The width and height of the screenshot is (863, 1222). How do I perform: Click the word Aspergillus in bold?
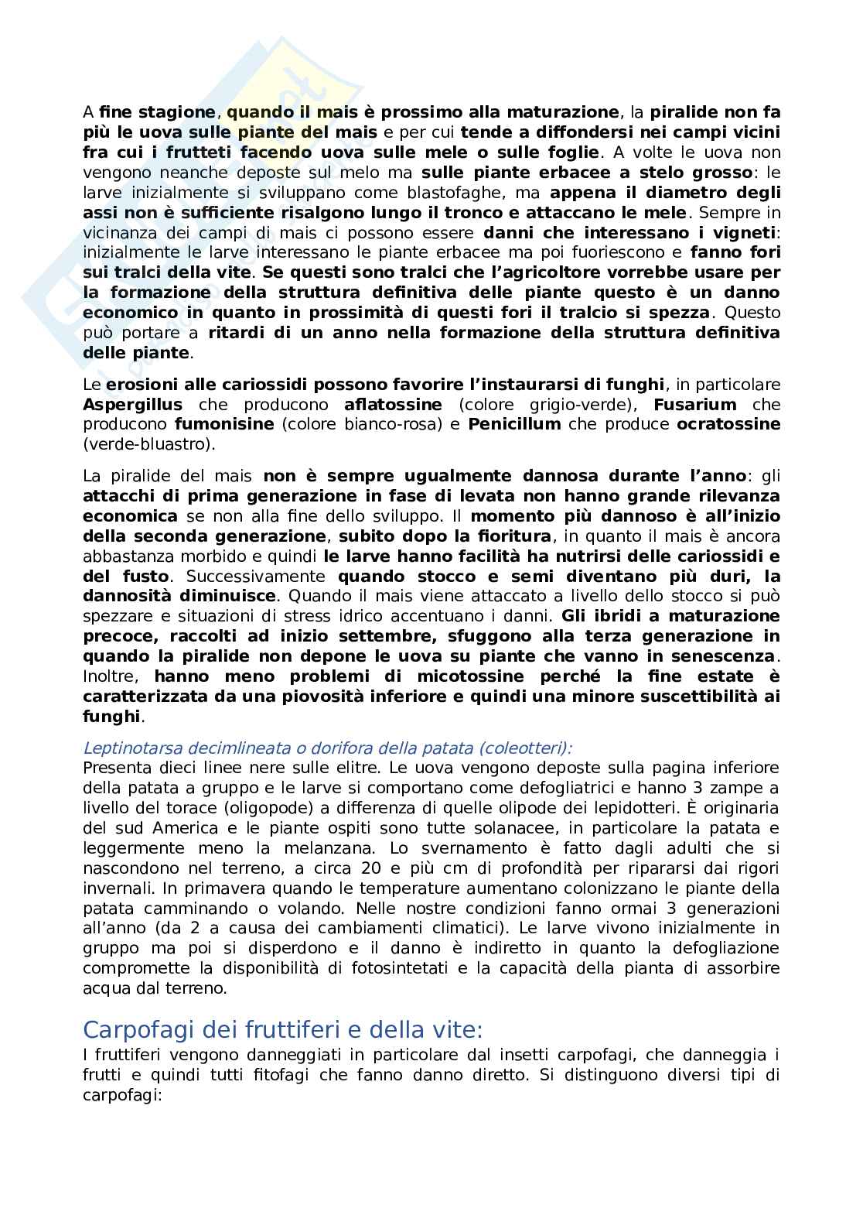pyautogui.click(x=132, y=405)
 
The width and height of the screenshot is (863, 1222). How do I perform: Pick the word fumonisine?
pyautogui.click(x=224, y=425)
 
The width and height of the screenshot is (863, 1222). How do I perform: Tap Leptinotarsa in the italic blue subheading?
pyautogui.click(x=126, y=748)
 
